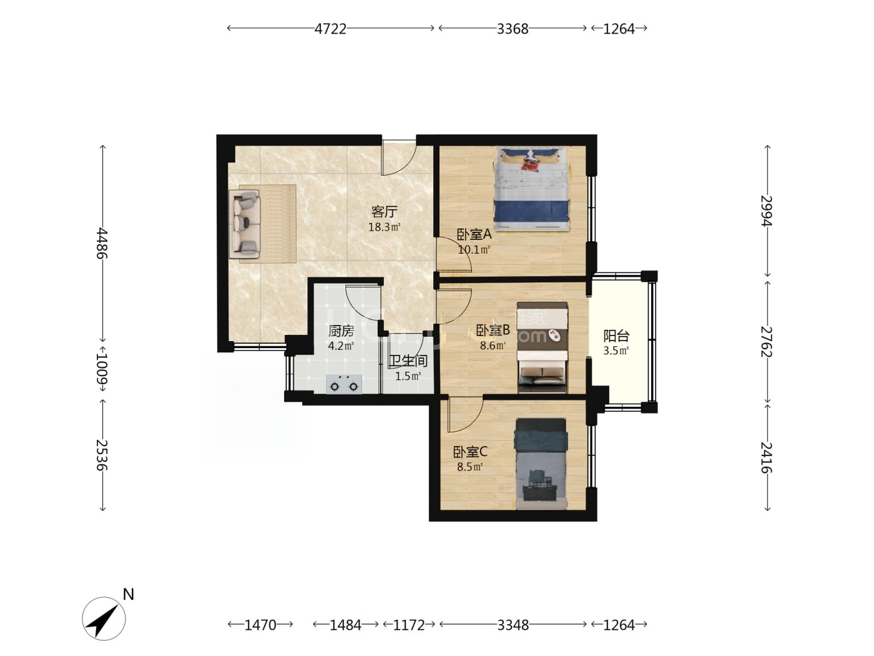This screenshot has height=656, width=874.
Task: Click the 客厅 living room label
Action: pyautogui.click(x=384, y=212)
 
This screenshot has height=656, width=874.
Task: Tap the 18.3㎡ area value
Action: pyautogui.click(x=384, y=227)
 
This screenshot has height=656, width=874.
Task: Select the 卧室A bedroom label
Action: pyautogui.click(x=474, y=235)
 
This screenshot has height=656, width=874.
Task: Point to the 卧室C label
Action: pyautogui.click(x=470, y=452)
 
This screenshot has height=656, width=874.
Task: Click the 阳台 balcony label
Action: pyautogui.click(x=616, y=335)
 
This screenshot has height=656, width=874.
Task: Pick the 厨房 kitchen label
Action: pyautogui.click(x=341, y=330)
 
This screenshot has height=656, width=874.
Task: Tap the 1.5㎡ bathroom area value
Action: pyautogui.click(x=408, y=376)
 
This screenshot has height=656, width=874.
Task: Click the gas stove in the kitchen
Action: pyautogui.click(x=344, y=384)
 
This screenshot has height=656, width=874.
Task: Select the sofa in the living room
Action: pyautogui.click(x=245, y=223)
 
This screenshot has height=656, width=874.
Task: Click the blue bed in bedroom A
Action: pyautogui.click(x=531, y=189)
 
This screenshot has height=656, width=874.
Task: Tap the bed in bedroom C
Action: pyautogui.click(x=541, y=463)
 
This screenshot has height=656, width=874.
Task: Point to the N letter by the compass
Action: pyautogui.click(x=128, y=595)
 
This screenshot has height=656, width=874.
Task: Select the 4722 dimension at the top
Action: pyautogui.click(x=330, y=29)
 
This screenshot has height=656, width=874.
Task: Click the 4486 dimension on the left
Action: pyautogui.click(x=103, y=243)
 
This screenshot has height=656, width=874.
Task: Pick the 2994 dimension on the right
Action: pyautogui.click(x=767, y=211)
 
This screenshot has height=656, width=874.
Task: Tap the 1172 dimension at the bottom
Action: pyautogui.click(x=409, y=625)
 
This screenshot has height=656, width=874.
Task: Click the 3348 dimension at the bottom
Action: pyautogui.click(x=513, y=625)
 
